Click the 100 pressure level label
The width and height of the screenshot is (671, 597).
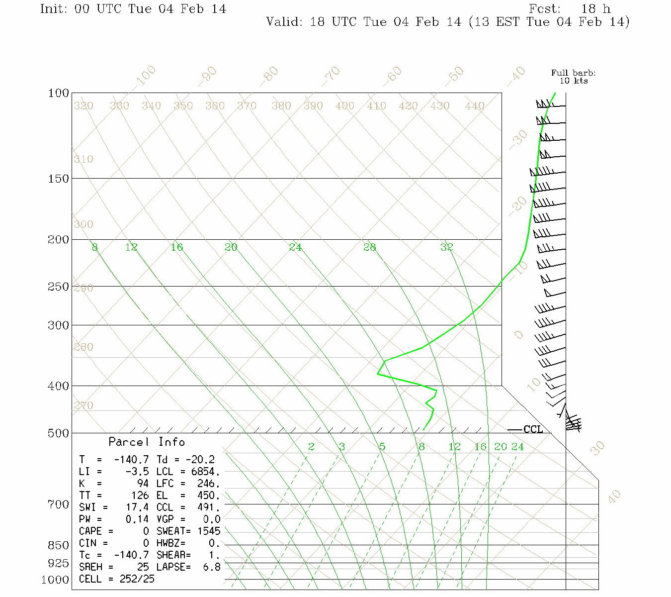[58, 94]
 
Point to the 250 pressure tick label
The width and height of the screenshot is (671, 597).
[58, 287]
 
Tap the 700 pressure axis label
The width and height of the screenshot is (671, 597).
[58, 504]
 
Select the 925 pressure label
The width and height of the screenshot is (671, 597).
[58, 563]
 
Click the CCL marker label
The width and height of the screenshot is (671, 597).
[533, 429]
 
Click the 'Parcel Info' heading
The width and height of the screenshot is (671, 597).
[147, 442]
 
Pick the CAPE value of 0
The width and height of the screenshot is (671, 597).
[146, 531]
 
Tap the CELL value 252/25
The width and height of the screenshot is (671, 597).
[137, 579]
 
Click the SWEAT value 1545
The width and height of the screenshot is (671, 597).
[209, 531]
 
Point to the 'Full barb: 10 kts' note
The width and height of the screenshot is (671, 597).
[573, 77]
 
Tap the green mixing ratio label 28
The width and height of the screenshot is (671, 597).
[369, 247]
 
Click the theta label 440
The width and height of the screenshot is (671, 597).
[475, 106]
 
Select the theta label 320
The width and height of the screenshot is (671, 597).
[84, 106]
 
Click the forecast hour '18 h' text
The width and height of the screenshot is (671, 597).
[596, 9]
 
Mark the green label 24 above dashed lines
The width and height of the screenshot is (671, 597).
[518, 447]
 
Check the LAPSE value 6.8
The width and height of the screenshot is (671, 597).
[212, 567]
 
